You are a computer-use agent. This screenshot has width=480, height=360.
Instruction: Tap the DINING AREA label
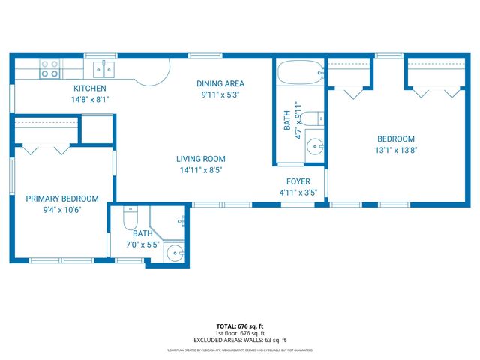[220, 83]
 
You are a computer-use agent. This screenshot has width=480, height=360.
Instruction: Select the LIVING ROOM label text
[200, 159]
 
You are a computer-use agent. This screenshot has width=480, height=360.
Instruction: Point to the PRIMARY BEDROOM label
[62, 199]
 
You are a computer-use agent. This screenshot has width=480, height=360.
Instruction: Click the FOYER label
[298, 181]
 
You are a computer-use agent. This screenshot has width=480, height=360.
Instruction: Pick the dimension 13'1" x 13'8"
[395, 151]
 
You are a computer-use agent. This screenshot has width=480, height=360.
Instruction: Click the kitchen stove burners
[50, 69]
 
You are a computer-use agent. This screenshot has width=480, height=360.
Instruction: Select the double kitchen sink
[103, 70]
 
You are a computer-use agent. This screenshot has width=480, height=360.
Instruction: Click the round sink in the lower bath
[174, 252]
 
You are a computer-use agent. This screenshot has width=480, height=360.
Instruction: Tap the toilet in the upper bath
[317, 117]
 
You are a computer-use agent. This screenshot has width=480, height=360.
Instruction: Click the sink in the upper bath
[315, 146]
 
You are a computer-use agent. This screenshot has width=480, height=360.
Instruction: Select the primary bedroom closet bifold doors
[44, 148]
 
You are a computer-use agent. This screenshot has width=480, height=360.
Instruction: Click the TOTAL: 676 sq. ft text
[239, 326]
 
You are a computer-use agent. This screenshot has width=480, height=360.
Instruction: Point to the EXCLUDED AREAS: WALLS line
[239, 340]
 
